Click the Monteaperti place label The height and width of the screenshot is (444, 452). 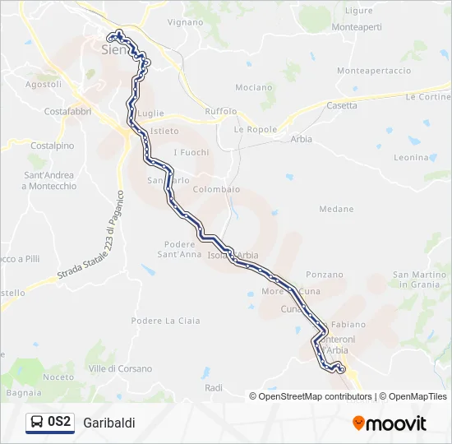pos(357,27)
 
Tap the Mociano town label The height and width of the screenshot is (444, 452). pos(253,87)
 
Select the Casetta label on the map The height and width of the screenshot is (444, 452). pos(342,105)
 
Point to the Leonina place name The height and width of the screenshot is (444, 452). pos(411,157)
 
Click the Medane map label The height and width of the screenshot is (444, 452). pos(336,210)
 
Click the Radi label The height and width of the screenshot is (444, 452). pos(214,387)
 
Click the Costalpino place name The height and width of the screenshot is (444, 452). pos(52,146)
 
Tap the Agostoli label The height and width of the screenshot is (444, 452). pos(44,84)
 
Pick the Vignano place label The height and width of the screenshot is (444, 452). pos(184,22)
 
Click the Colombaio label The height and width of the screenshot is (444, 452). pos(216,189)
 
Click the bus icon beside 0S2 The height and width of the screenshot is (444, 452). pos(36,422)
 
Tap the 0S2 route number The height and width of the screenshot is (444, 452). pos(59,422)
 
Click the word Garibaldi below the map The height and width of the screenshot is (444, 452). pos(108,422)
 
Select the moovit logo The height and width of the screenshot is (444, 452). pos(390,423)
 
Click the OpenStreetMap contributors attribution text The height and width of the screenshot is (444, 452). pos(315,396)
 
